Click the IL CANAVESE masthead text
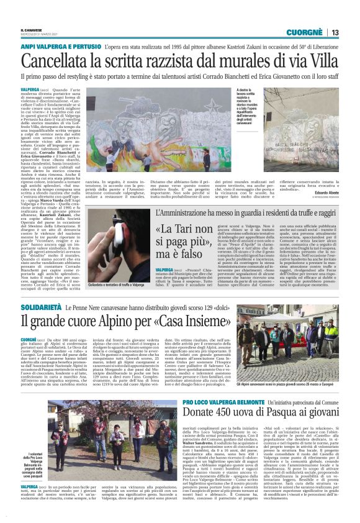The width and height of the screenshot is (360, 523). (x=32, y=30)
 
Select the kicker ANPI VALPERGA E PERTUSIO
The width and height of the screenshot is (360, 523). (x=58, y=47)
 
